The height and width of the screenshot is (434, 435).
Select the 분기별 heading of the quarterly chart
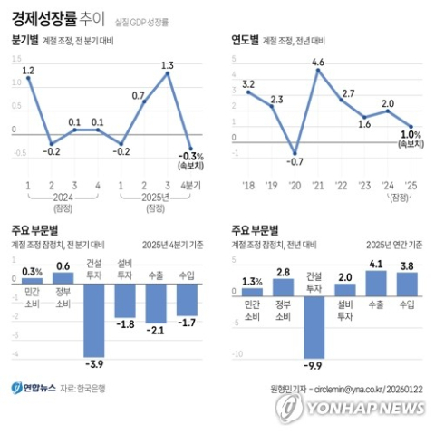(26, 42)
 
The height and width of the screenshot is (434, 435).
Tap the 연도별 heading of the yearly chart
(245, 42)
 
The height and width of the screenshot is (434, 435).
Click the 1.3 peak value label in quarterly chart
(167, 64)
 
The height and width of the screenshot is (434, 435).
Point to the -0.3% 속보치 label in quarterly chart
(191, 159)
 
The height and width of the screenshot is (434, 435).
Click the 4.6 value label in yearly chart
(317, 62)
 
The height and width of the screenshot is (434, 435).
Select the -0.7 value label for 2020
(295, 161)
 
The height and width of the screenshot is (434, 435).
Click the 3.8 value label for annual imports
(406, 266)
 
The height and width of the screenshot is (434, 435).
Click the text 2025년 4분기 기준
(174, 244)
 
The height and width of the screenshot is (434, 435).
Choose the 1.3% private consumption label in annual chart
(253, 282)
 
